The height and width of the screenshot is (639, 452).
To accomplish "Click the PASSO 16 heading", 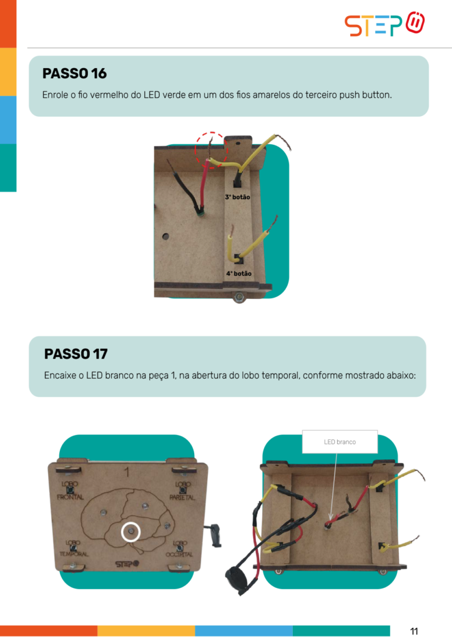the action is click(x=74, y=74).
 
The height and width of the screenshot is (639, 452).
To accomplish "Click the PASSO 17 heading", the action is click(x=76, y=354).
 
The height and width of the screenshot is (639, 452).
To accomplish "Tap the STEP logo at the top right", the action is click(x=385, y=24).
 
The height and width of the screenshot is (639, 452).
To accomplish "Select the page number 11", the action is click(x=414, y=632).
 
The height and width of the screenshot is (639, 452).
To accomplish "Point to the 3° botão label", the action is click(x=238, y=197).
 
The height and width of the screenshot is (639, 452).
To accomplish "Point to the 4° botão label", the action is click(x=239, y=273).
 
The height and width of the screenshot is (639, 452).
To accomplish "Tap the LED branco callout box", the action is click(x=340, y=442).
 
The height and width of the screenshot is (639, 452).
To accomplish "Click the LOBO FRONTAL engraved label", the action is click(x=70, y=490).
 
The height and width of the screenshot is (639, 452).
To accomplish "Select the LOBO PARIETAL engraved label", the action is click(x=182, y=490).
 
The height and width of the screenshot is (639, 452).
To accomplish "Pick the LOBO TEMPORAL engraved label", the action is click(x=74, y=549).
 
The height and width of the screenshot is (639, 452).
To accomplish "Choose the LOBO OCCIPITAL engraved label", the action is click(x=179, y=549).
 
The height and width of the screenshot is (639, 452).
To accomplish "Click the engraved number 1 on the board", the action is click(x=127, y=472).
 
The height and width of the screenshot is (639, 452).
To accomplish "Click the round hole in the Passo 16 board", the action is click(x=165, y=237).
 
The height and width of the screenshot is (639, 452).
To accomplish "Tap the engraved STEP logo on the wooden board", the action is click(x=127, y=563).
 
